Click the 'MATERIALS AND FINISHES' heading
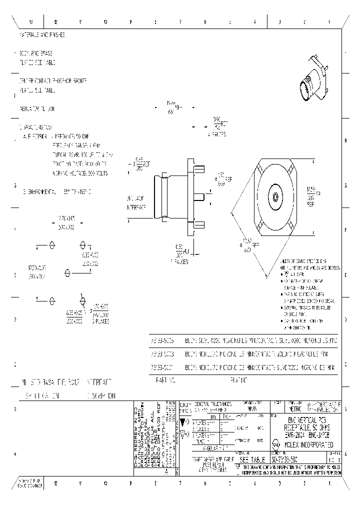point(42,35)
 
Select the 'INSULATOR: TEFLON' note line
point(37,108)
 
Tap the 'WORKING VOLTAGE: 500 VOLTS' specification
point(80,173)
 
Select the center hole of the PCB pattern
point(67,273)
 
